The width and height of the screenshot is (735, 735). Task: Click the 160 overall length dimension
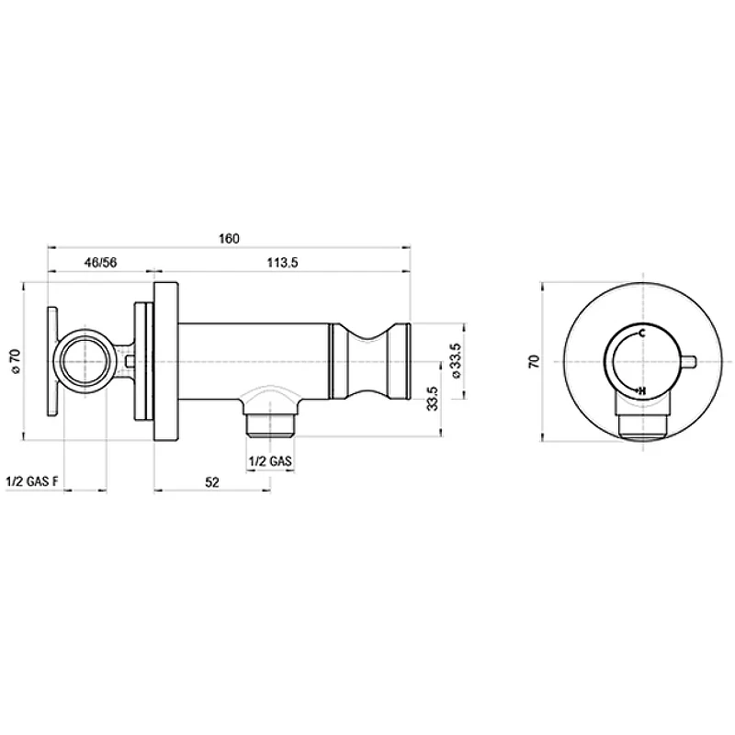pos(229,239)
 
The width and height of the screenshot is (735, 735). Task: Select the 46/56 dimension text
pos(100,263)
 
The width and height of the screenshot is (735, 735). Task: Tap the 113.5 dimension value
pos(283,263)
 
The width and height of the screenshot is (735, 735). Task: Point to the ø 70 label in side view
pos(15,361)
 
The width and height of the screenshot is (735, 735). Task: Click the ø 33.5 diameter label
pos(456,361)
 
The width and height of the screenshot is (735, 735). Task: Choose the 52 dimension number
pos(212,481)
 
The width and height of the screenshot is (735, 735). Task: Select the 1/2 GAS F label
pos(32,481)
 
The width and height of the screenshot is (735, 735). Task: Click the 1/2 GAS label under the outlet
pos(270,461)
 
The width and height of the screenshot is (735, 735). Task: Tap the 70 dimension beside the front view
pos(535,361)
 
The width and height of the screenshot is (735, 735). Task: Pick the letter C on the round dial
pos(641,334)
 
